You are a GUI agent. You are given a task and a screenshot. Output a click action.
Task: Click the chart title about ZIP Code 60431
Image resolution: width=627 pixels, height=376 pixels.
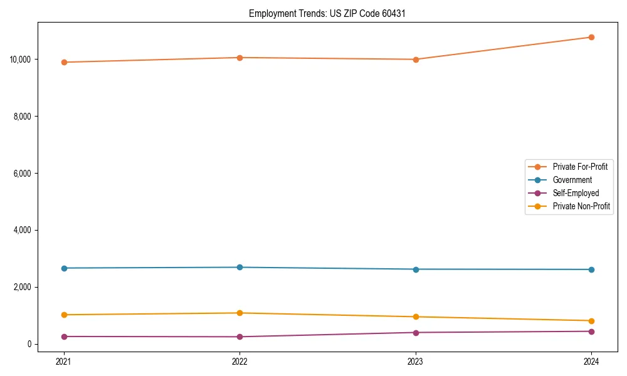pos(327,13)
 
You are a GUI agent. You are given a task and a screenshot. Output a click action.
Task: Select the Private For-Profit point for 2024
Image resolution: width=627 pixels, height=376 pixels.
pos(591,37)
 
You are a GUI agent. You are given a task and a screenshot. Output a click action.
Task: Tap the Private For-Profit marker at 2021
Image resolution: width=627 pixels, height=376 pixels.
pos(64,62)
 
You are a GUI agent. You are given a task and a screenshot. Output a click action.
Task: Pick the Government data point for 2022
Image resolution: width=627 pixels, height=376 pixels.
pos(240,268)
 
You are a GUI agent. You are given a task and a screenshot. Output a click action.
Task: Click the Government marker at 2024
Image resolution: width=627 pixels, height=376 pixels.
pos(591,269)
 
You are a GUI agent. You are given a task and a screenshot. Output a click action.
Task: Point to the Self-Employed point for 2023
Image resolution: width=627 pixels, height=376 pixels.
pos(416,333)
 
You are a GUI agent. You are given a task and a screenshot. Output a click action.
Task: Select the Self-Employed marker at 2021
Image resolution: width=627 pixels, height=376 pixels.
pos(64,337)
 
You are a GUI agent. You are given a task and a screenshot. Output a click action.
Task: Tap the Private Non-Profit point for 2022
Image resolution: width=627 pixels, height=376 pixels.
pos(240,313)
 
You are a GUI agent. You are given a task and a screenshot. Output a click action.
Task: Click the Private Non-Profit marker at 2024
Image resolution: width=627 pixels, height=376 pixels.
pos(591,321)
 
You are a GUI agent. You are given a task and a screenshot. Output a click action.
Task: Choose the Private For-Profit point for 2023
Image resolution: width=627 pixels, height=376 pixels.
pos(416,60)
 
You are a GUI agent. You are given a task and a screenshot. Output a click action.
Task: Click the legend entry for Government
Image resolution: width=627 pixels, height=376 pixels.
pos(572,180)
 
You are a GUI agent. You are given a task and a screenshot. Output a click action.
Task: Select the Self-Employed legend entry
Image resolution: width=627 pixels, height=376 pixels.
pos(576,193)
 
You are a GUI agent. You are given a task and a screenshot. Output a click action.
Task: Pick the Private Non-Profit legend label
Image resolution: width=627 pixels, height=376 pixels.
pos(581,206)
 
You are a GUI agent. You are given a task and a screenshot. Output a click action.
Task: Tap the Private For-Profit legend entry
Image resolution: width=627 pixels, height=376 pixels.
pos(580,167)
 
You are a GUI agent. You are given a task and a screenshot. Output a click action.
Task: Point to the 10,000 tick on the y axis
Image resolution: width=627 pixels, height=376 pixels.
pos(21,60)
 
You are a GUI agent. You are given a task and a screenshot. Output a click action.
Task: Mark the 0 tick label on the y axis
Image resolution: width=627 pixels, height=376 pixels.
pos(29,344)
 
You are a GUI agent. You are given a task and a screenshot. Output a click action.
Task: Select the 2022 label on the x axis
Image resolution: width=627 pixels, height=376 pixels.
pos(240,361)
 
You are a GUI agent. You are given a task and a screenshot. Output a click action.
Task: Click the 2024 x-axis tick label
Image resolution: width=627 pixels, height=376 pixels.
pos(591,361)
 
